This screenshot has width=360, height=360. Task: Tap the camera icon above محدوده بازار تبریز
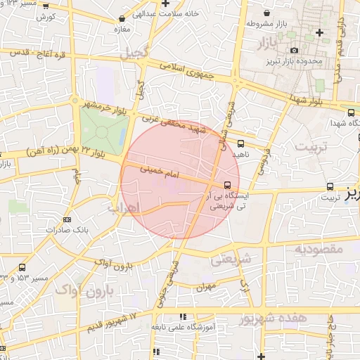click(x=294, y=50)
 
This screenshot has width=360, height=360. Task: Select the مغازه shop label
click(x=124, y=31)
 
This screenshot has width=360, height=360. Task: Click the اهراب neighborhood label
click(x=126, y=208)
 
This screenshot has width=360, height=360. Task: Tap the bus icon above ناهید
click(x=241, y=143)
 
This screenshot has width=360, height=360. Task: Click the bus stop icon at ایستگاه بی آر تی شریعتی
click(x=236, y=184)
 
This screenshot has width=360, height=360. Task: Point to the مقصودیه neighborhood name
click(x=317, y=249)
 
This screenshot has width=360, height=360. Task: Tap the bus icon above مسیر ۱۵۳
click(x=22, y=267)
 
